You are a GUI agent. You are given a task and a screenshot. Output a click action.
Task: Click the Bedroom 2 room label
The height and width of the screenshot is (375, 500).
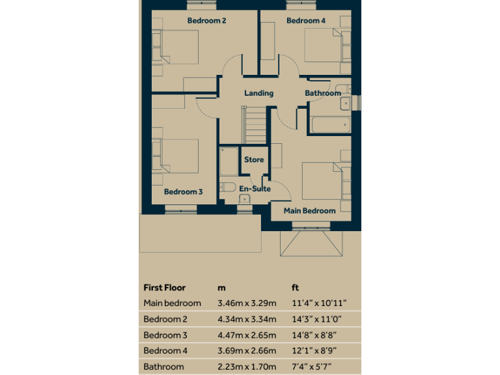click(206, 21)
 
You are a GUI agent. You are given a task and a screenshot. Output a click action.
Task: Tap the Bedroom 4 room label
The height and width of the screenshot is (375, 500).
click(306, 21)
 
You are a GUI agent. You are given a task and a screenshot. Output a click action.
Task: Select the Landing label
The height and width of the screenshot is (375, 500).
click(258, 93)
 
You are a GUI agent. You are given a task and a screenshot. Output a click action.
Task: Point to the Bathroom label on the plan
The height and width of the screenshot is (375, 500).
click(323, 93)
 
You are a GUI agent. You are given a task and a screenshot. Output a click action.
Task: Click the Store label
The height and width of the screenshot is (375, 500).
click(254, 160)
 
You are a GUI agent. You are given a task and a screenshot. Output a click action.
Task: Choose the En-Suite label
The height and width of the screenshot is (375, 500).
click(255, 189)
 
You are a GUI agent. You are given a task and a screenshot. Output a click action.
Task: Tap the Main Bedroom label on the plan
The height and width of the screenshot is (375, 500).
click(309, 210)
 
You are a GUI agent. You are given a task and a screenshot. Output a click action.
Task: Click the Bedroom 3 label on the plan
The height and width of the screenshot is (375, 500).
click(184, 192)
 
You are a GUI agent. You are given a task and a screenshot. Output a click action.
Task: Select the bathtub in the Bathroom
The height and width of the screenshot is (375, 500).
click(329, 125)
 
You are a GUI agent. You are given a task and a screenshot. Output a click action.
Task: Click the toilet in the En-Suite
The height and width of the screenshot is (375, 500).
click(227, 187)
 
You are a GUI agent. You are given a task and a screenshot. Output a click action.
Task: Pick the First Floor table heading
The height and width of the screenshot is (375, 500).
click(164, 287)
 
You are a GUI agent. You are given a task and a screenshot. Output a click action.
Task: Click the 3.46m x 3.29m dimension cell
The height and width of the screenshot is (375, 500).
click(247, 303)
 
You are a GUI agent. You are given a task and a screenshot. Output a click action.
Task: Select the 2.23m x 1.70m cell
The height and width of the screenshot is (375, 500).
click(247, 367)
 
